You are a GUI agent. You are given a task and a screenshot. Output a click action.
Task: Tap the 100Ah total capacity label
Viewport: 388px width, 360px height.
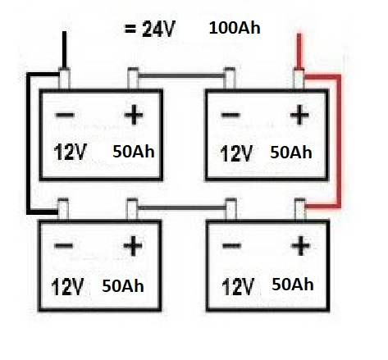pos(235,28)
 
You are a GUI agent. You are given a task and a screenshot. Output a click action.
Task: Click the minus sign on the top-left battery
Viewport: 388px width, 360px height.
pos(65,115)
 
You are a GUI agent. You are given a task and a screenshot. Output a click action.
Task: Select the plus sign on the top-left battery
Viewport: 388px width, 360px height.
pos(134,115)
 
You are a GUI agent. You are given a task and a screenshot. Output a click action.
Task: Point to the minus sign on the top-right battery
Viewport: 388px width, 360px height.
pos(231,115)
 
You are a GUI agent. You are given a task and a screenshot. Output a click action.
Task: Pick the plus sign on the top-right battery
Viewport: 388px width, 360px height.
pos(299,115)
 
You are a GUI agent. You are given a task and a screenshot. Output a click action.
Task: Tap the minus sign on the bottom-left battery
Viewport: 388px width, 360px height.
pos(64,245)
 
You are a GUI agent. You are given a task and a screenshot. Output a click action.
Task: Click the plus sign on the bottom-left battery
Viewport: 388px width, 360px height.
pos(133,246)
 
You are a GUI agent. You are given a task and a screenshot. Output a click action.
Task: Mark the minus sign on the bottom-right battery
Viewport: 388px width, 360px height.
pos(232,245)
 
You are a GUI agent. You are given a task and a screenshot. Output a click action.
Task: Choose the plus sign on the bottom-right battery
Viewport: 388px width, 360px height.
pos(301,246)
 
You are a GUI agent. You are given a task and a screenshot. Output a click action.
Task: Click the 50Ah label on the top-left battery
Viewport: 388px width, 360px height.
pos(134,152)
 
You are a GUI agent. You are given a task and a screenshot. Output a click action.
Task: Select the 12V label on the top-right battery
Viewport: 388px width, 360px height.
pos(236,153)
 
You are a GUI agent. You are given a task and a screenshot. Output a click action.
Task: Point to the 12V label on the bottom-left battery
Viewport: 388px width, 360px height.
pos(67,287)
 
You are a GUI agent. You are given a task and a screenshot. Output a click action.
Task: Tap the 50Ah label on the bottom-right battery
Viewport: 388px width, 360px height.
pos(293,285)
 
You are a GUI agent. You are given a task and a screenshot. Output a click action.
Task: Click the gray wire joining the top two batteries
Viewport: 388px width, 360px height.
pos(181,75)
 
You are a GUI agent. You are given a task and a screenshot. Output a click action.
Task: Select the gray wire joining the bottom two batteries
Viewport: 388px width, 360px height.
pos(182,207)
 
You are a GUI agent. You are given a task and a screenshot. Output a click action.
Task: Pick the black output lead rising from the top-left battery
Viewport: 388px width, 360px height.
pos(64,49)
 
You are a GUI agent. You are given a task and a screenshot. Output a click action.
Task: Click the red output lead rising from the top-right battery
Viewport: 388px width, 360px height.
pos(299,51)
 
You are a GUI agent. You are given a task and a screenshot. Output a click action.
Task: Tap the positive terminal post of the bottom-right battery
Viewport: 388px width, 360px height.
pos(300,209)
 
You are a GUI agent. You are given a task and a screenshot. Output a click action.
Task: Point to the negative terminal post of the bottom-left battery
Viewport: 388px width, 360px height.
pos(63,209)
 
